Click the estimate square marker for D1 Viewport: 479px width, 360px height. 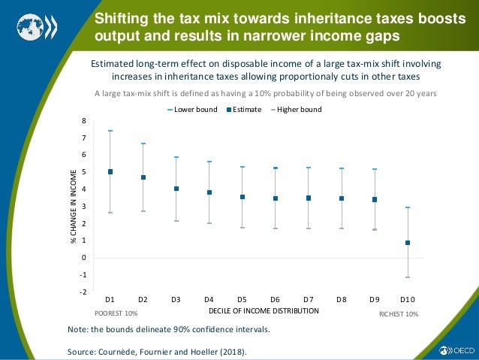click(110, 171)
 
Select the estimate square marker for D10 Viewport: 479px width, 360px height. click(408, 243)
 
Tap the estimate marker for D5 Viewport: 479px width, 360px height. click(243, 197)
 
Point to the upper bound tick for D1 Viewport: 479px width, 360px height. click(110, 131)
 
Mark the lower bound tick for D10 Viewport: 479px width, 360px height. click(408, 277)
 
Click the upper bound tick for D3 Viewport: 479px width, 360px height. click(176, 157)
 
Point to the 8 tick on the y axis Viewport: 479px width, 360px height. click(84, 121)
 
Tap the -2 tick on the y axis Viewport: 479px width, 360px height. click(83, 292)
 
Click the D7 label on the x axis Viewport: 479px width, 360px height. click(309, 299)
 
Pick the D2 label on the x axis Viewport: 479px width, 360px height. click(143, 299)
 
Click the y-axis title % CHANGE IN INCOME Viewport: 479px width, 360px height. click(73, 207)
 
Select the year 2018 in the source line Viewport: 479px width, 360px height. click(228, 352)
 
